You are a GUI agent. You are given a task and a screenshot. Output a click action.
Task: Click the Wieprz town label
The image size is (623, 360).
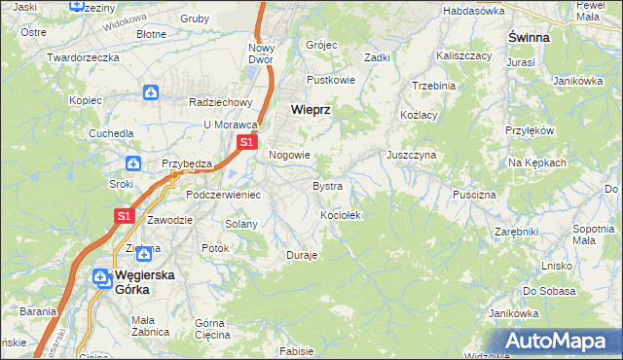pyautogui.click(x=311, y=110)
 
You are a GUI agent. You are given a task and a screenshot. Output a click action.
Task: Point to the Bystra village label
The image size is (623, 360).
pyautogui.click(x=326, y=185)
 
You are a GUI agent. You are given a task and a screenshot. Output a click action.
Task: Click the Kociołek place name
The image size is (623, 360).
pyautogui.click(x=342, y=215)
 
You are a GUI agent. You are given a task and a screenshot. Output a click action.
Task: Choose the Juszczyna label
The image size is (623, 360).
pyautogui.click(x=411, y=155)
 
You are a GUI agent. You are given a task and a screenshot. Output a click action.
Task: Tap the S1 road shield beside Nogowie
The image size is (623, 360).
pyautogui.click(x=246, y=142)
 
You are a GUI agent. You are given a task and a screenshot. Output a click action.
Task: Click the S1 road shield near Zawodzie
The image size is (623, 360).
pyautogui.click(x=124, y=216)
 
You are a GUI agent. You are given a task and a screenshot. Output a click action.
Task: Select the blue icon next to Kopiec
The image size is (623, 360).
pyautogui.click(x=151, y=93)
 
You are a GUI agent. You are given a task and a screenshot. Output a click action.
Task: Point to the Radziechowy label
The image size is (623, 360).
pyautogui.click(x=221, y=101)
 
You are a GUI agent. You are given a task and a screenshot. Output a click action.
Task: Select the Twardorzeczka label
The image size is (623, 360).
pyautogui.click(x=83, y=57)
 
